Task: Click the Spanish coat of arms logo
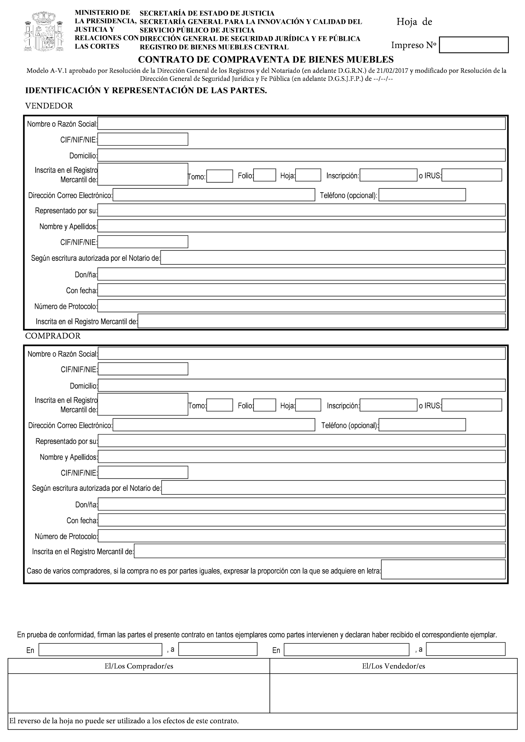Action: pos(44,31)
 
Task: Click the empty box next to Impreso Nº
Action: pos(473,45)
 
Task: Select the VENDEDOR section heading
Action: pos(49,106)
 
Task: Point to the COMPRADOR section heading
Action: pos(53,336)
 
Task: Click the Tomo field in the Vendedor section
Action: pos(220,176)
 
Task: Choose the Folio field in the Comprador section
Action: pos(265,405)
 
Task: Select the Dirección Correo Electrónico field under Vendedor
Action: pos(214,195)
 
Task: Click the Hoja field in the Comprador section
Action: pos(308,405)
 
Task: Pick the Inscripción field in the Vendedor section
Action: pos(388,175)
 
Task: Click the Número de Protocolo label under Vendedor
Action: pos(65,306)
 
